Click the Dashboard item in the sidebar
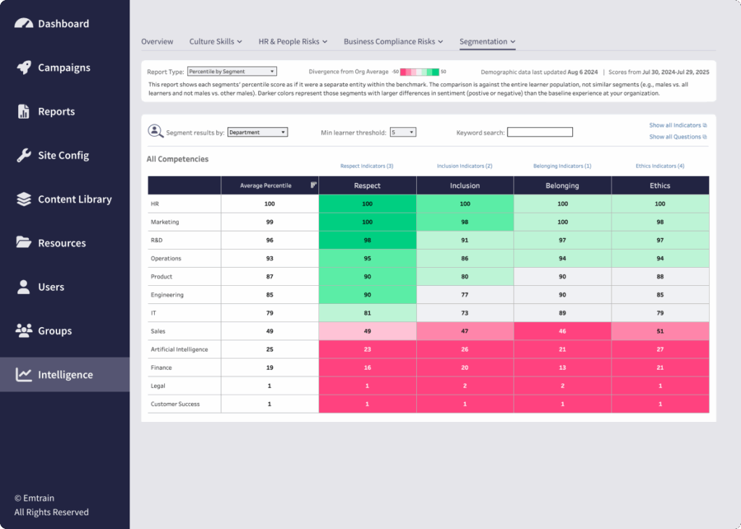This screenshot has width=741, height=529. tap(63, 24)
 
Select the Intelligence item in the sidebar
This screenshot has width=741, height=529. tap(65, 375)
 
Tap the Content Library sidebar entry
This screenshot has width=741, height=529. tap(75, 199)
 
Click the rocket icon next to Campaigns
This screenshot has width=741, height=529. tap(24, 67)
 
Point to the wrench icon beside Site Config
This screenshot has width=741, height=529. tap(24, 155)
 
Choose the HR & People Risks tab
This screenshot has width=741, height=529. tap(292, 41)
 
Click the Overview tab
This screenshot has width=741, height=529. tap(157, 41)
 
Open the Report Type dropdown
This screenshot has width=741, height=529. tap(232, 72)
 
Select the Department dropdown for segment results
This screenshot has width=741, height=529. tap(257, 132)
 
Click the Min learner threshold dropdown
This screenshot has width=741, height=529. tap(402, 132)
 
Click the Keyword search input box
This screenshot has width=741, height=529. tap(539, 132)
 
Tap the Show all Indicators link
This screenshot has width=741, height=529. tap(677, 125)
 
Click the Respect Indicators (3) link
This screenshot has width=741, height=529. tap(367, 166)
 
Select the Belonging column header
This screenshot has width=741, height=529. tap(562, 186)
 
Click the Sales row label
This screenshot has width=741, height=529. tap(158, 331)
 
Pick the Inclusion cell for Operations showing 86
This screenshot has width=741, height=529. tap(465, 258)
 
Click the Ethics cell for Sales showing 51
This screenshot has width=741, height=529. tap(660, 331)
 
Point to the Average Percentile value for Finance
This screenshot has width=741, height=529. tap(269, 368)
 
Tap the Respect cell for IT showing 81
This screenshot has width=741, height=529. tap(367, 313)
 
